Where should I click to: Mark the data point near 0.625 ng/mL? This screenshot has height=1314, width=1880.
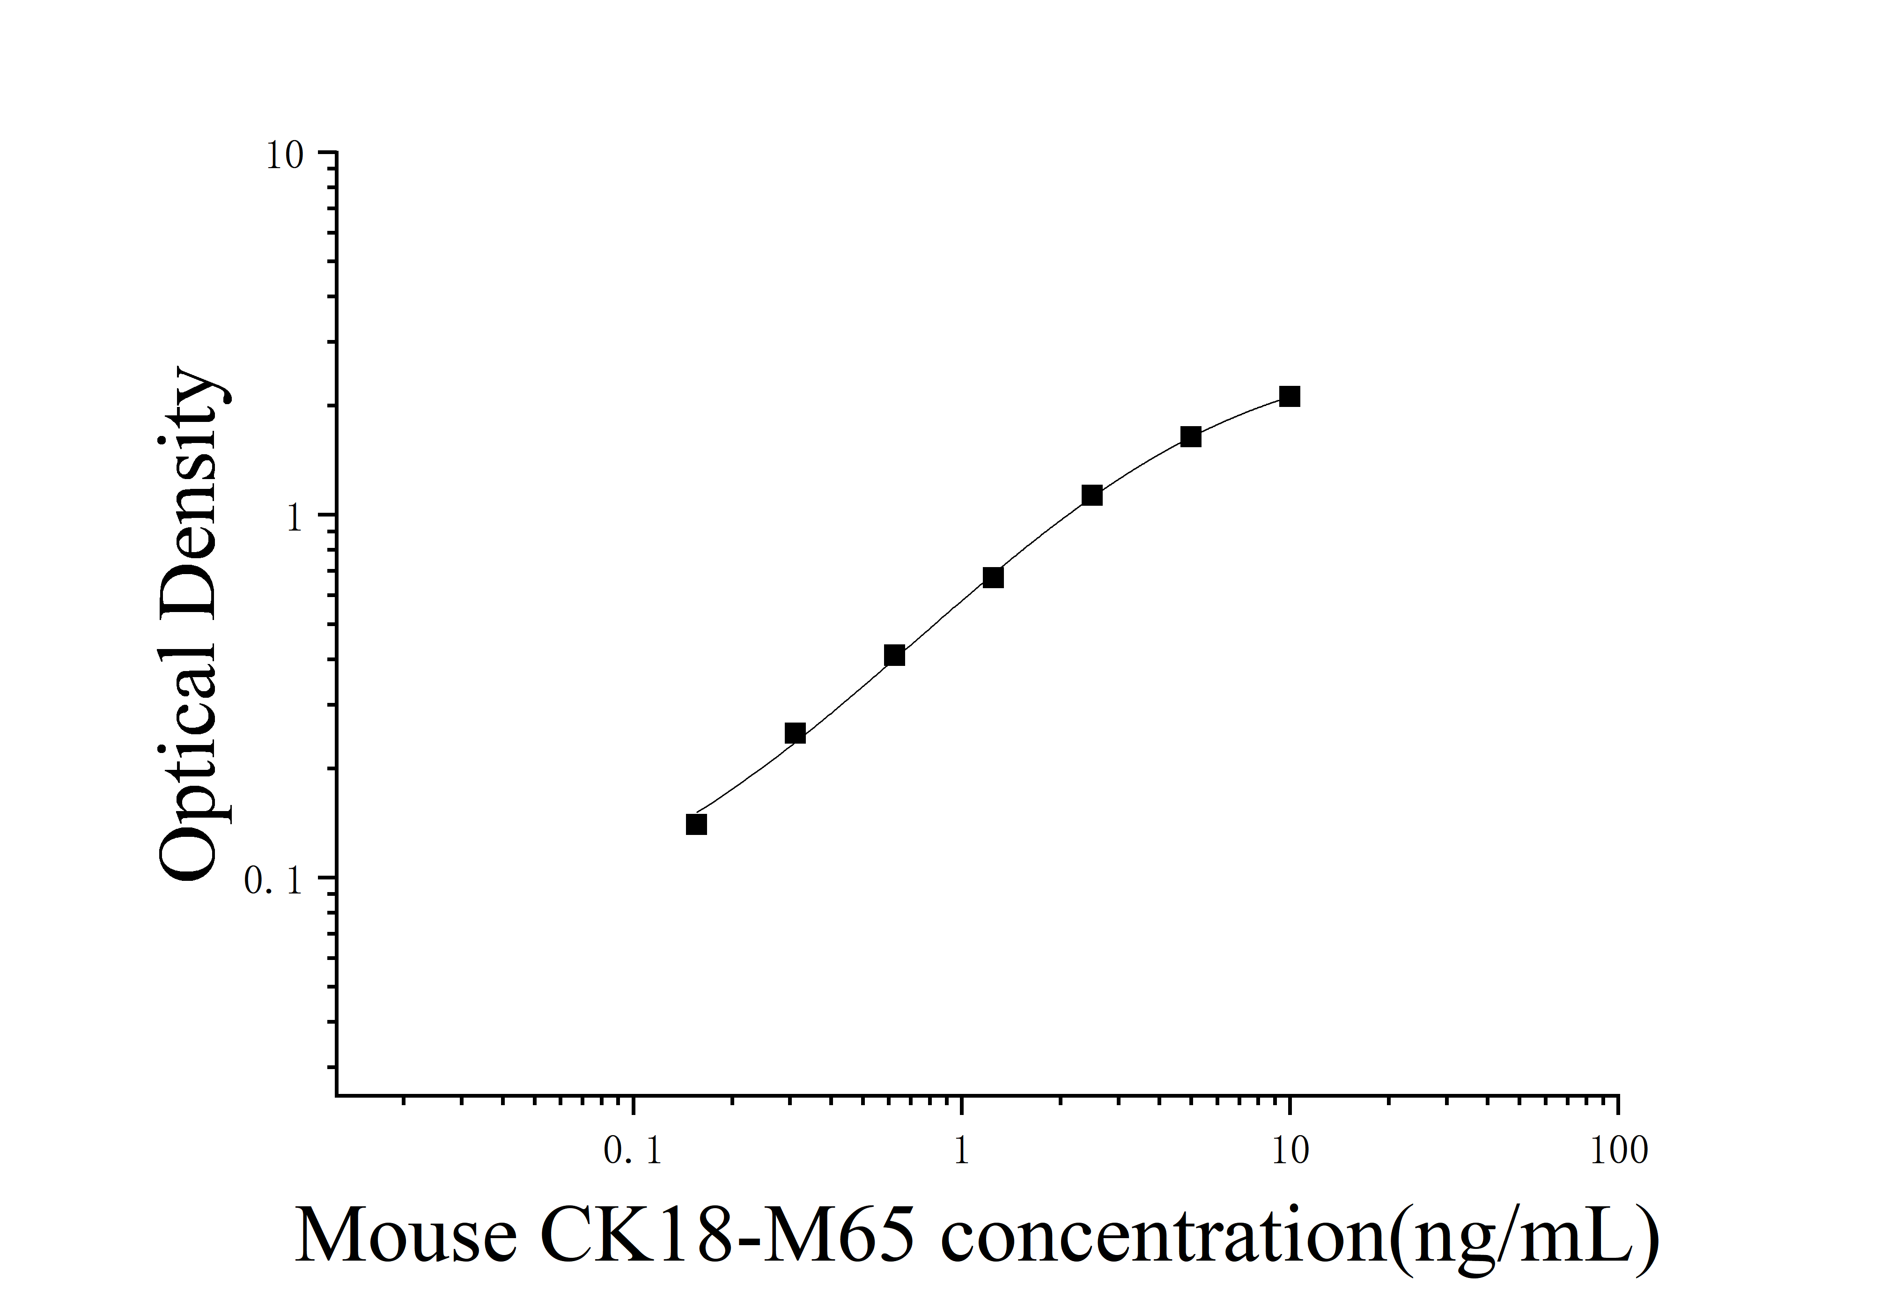[894, 655]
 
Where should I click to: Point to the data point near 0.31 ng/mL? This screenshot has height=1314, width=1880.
[795, 733]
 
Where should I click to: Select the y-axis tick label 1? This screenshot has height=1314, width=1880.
[295, 518]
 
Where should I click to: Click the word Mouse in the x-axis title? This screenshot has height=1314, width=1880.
[405, 1236]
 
